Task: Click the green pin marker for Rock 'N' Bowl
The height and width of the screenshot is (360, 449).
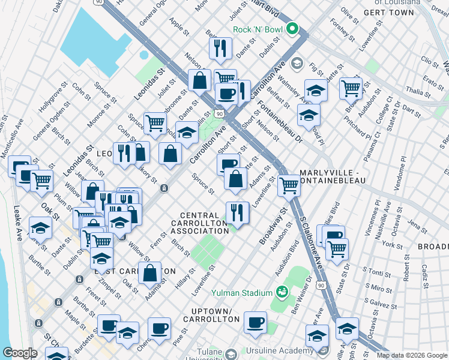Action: tap(292, 28)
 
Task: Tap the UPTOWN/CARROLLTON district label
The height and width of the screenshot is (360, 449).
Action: tap(211, 316)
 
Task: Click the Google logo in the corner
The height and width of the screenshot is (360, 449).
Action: tap(20, 352)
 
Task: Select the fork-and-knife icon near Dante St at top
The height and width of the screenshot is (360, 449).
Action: tap(220, 48)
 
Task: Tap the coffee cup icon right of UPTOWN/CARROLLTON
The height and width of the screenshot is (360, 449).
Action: tap(255, 322)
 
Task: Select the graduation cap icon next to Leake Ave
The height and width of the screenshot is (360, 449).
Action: tap(40, 228)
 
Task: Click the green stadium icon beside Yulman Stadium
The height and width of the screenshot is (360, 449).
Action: tap(282, 292)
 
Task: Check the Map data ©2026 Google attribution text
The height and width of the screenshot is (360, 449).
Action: tap(412, 355)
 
